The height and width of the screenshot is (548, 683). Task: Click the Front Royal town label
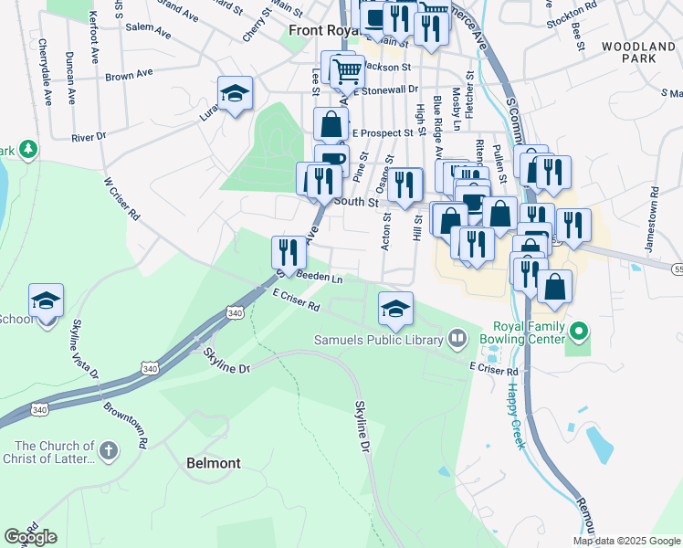pos(320,30)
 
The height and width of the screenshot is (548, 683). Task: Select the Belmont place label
pos(214,463)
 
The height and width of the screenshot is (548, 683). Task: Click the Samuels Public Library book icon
pos(458,340)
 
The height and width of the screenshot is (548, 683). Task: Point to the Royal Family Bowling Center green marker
pos(577,331)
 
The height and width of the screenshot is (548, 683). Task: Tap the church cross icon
pos(108,450)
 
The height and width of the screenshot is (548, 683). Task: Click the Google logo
pos(30,536)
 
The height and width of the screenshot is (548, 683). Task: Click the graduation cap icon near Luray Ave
pos(235,93)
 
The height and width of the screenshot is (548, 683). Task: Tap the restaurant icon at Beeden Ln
pos(289,251)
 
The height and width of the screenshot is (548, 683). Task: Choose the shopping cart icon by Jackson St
pos(347,71)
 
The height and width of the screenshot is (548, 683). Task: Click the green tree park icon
pos(28,148)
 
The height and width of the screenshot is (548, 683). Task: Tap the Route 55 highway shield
pos(678,270)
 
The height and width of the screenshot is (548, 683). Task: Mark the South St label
pos(356,202)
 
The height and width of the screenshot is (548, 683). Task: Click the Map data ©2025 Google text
pos(625,541)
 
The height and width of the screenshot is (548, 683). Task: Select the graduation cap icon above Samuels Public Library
pos(395,309)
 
